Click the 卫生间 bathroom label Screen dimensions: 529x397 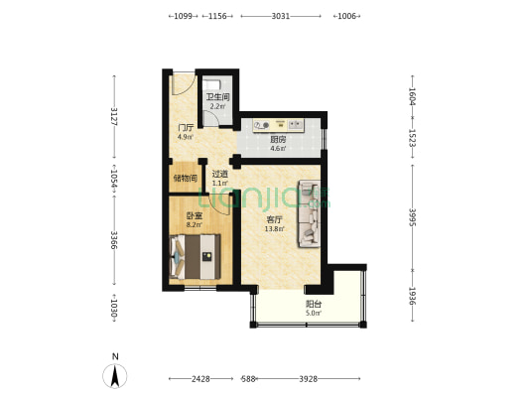218,97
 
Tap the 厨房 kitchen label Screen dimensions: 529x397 278,139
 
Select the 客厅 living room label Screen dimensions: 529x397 274,220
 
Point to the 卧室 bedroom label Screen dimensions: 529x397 195,215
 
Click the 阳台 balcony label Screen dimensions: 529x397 314,304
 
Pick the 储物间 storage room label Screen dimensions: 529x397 186,178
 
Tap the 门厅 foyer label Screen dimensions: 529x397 186,128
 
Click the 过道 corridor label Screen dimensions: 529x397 220,174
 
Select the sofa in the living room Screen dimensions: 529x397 309,214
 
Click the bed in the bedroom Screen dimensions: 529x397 195,257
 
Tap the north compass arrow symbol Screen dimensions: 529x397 115,376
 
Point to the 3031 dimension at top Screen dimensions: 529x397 281,16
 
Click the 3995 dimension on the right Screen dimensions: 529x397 412,217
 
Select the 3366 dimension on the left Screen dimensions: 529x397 114,240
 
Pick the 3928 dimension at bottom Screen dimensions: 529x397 309,379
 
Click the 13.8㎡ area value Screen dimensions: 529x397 274,229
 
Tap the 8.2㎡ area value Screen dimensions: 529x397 195,224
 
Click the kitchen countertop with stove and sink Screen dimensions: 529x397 279,125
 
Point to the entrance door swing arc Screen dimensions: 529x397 184,84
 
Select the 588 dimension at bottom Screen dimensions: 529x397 248,379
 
